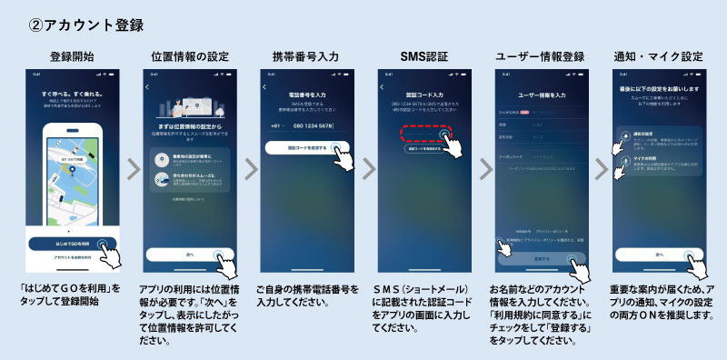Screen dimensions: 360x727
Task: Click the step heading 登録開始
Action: (72, 56)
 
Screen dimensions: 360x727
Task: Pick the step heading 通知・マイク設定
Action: (658, 56)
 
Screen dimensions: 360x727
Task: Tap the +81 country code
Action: (272, 125)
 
